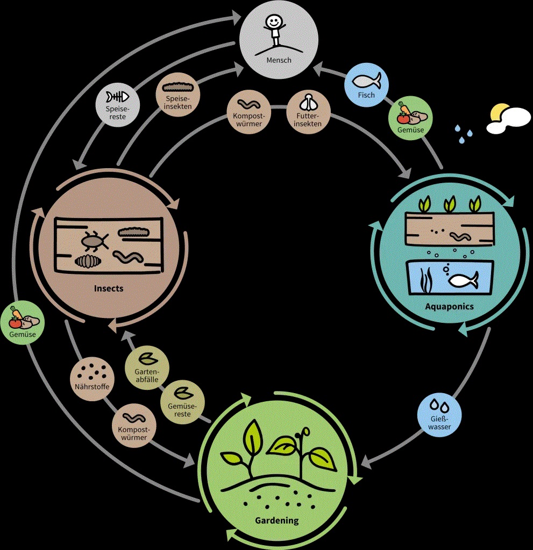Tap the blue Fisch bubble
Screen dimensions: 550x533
366,85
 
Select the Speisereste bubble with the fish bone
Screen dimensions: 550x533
118,103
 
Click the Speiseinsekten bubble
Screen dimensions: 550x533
177,95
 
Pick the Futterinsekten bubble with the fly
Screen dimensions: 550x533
308,111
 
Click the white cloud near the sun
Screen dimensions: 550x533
510,121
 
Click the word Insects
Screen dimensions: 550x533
109,288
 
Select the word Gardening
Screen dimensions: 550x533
276,520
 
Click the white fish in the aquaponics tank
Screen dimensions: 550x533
463,280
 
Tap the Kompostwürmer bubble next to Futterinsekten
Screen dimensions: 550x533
248,111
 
